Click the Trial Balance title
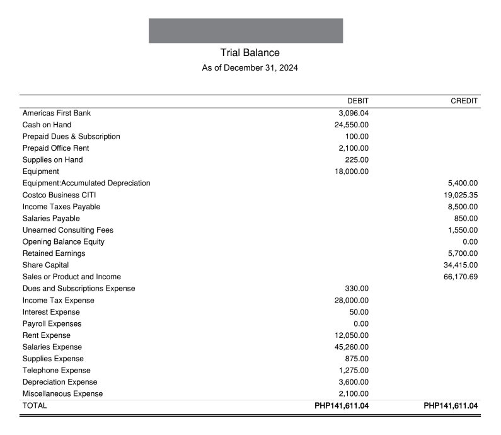[250, 53]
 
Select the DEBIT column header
[358, 101]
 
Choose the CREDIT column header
[464, 101]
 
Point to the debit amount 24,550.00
[352, 125]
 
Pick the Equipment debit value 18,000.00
[352, 171]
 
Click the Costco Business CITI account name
[59, 195]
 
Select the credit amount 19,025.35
[461, 195]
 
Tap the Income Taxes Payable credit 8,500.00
[463, 207]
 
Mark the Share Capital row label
[45, 265]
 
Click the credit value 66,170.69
[461, 277]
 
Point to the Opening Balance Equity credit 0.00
[470, 242]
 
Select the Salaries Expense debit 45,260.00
[352, 347]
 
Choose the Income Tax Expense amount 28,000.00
[352, 300]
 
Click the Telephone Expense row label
[56, 371]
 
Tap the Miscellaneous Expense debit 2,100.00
[354, 394]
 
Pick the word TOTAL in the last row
[35, 406]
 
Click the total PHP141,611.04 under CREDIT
[451, 406]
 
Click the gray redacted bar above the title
[246, 31]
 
